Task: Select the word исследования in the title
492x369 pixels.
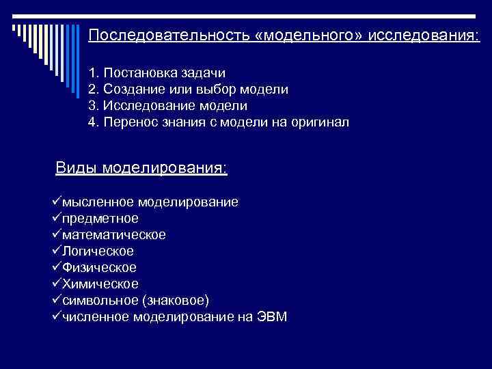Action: point(424,35)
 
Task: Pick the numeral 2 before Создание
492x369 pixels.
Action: point(92,90)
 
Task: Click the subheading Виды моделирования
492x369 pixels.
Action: point(141,168)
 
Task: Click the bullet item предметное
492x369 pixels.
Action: point(100,219)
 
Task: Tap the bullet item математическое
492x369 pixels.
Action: point(113,234)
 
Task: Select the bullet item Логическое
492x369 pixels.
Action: point(98,251)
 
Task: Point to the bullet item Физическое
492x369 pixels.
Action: point(99,267)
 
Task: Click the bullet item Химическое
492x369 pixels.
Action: point(100,284)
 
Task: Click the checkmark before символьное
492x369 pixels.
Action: point(56,299)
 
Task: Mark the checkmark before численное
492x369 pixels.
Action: point(56,316)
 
